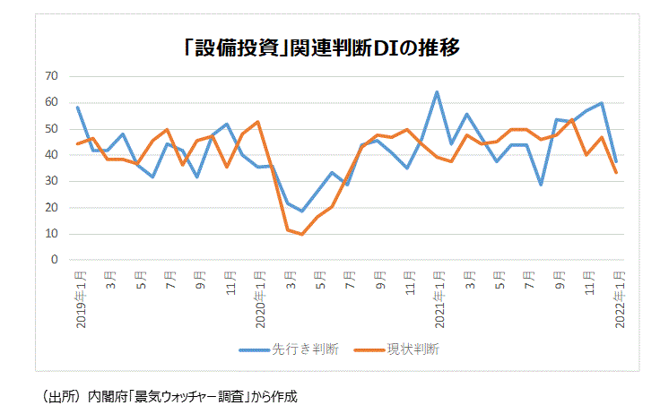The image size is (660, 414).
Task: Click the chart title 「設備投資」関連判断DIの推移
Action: coord(320,47)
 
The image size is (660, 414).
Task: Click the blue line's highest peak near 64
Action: coord(437,92)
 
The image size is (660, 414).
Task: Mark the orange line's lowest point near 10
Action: coord(302,235)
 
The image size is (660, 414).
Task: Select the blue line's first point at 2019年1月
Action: coord(78,108)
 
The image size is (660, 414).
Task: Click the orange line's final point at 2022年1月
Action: coord(616,172)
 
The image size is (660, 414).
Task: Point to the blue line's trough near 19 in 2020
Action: coord(302,211)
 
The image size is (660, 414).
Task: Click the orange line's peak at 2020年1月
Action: coord(257,122)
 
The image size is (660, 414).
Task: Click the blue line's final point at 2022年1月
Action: coord(616,161)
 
